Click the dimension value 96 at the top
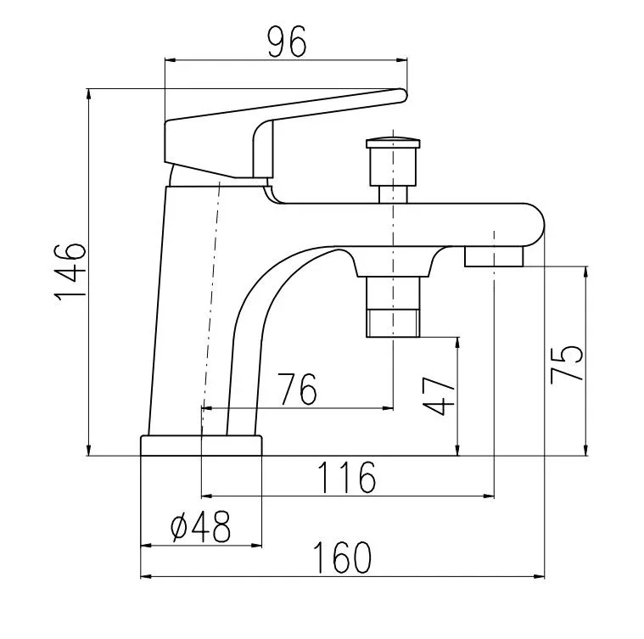click(287, 42)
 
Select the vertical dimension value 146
click(70, 272)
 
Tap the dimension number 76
click(297, 389)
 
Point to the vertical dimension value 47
click(439, 396)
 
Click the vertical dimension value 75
click(567, 364)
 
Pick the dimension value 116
click(347, 477)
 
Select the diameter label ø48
click(200, 526)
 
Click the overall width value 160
click(342, 558)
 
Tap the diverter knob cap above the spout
click(393, 143)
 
